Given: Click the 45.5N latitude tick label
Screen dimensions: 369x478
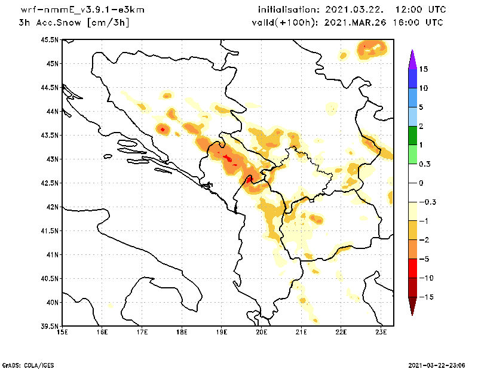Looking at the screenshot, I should [x=50, y=39].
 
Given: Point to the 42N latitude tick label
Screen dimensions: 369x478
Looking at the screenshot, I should [x=52, y=207].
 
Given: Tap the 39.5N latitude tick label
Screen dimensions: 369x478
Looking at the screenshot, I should [x=50, y=326].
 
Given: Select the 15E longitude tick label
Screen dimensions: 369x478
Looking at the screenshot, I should [x=62, y=331].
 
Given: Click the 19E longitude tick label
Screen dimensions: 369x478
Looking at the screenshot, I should [x=222, y=331].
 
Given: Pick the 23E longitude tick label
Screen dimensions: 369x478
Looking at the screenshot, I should [x=381, y=331].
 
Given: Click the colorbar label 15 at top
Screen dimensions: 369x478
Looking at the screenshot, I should [x=424, y=69].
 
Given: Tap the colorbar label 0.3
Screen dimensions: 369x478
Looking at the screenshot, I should [x=425, y=164].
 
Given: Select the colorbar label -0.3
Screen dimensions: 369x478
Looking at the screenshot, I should [x=427, y=202].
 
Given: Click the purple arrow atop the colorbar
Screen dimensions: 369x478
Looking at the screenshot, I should [x=412, y=59].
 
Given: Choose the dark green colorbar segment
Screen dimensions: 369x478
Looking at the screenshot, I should [x=412, y=136].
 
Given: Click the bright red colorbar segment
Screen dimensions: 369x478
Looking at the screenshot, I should [x=412, y=268].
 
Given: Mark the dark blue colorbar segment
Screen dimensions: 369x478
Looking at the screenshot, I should [x=412, y=78].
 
